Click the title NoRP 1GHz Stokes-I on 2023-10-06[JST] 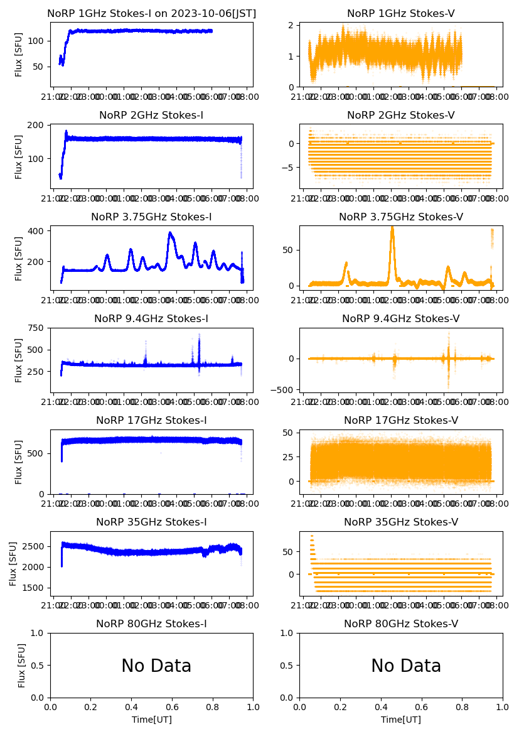click(x=151, y=13)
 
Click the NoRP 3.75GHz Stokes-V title click(x=401, y=217)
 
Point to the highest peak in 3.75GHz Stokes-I click(x=170, y=234)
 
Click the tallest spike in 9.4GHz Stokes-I click(x=199, y=335)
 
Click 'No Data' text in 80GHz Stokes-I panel click(x=156, y=666)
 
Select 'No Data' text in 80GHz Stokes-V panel click(x=406, y=666)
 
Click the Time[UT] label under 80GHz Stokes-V click(x=401, y=720)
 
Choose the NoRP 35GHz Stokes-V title click(x=401, y=522)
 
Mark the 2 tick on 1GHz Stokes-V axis click(x=291, y=25)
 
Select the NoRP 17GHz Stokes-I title click(x=151, y=420)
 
